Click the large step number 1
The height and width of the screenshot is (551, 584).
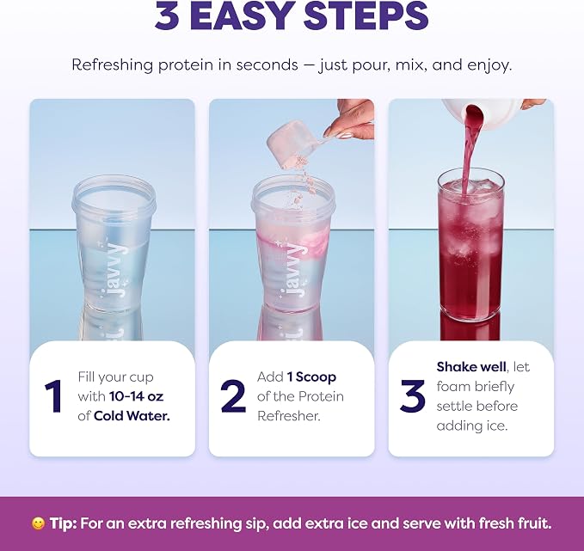tap(53, 396)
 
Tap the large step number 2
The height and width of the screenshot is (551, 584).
tap(233, 396)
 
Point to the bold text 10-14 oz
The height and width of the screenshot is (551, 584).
tap(136, 396)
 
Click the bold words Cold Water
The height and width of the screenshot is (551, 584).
tap(132, 416)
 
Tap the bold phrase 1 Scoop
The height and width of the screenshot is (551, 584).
tap(311, 377)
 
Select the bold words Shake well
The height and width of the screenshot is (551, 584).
tap(471, 367)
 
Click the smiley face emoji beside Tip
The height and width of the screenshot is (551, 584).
tap(38, 523)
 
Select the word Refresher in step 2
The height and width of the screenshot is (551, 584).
tap(289, 416)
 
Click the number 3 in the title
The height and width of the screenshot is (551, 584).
tap(167, 16)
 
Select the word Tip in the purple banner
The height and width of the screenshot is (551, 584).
tap(64, 523)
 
